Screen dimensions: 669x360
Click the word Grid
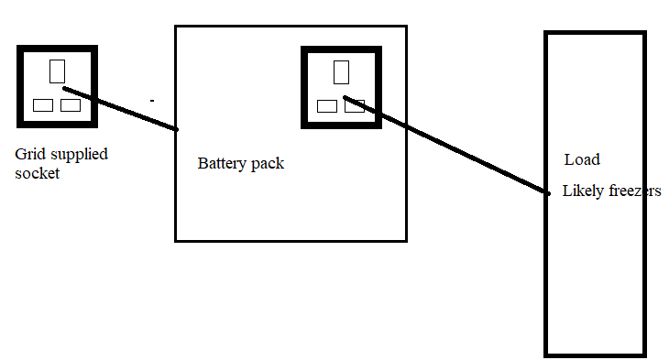30,154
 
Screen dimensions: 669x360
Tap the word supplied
79,155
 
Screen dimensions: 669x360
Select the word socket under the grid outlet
38,173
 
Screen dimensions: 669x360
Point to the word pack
268,164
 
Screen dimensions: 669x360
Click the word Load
582,159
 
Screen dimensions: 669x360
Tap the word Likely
583,191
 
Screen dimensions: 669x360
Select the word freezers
635,191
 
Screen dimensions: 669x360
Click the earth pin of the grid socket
57,71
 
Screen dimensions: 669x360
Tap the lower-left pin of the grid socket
43,105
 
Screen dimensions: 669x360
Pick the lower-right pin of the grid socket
71,105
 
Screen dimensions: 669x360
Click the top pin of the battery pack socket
341,72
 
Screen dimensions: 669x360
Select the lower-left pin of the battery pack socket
327,106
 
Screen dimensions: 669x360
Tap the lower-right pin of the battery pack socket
355,106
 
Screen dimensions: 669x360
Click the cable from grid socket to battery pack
120,109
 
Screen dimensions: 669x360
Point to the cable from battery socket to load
446,146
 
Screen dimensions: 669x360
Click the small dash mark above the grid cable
152,101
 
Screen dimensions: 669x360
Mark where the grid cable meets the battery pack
176,129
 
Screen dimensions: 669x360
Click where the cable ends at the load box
547,193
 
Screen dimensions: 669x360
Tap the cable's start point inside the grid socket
65,89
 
